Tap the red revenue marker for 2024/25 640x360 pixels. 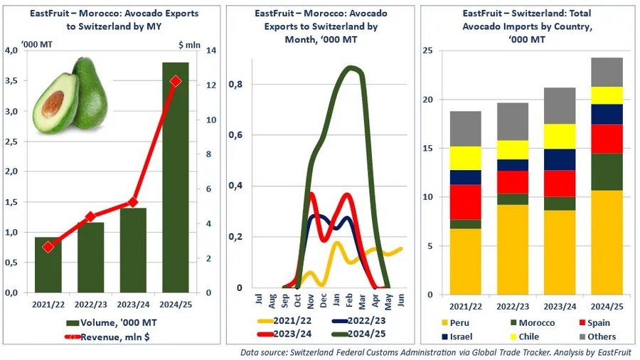[x=175, y=81]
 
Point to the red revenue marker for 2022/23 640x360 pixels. [x=90, y=217]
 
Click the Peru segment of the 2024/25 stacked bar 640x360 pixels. [x=607, y=242]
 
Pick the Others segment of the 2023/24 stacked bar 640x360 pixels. [x=559, y=106]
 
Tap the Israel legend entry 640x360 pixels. [x=463, y=336]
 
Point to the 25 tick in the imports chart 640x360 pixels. [x=427, y=51]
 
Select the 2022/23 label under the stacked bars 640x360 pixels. [x=512, y=307]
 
